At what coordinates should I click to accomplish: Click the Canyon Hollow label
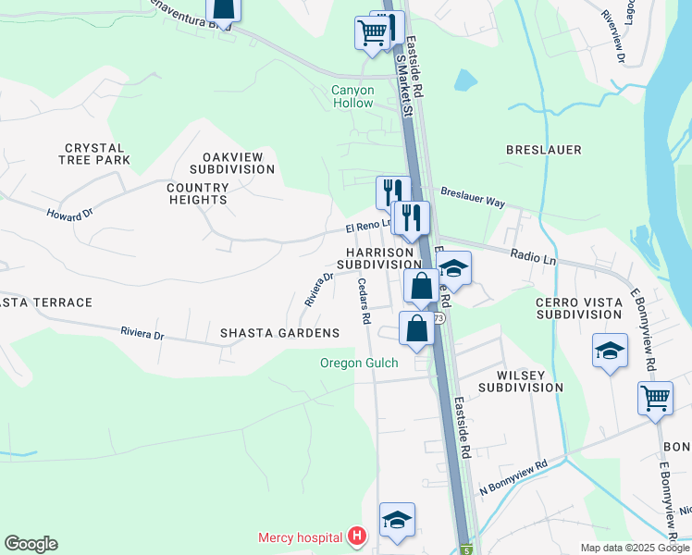(x=353, y=96)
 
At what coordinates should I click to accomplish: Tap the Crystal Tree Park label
(x=97, y=154)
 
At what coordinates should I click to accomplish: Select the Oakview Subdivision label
(x=232, y=163)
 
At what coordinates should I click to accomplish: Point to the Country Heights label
(x=197, y=193)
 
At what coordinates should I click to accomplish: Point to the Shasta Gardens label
(x=279, y=333)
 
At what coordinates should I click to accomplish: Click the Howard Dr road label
(x=70, y=214)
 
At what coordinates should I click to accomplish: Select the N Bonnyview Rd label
(x=513, y=476)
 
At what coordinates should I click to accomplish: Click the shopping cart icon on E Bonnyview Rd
(x=655, y=399)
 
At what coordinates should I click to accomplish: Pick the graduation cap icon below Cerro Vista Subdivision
(x=609, y=351)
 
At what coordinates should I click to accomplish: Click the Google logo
(x=31, y=544)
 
